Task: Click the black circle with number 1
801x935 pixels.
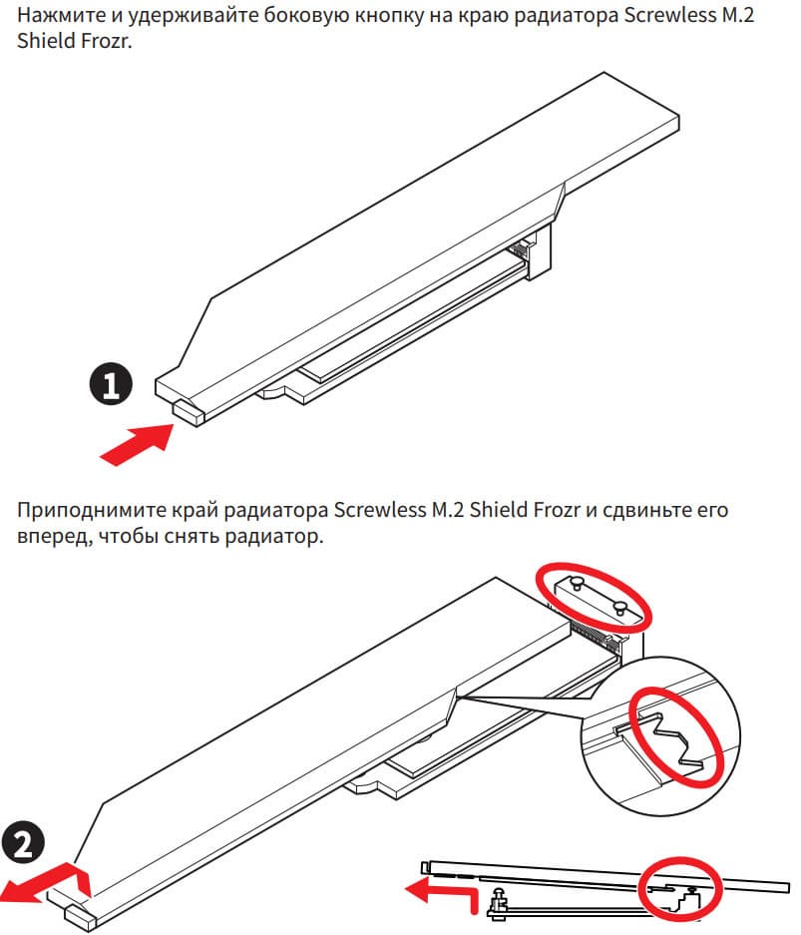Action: [111, 383]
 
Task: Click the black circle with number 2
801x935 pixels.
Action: [23, 844]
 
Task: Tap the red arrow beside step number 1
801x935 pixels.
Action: [138, 443]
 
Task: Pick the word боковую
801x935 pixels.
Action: [310, 16]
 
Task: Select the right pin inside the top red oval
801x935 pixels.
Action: [619, 609]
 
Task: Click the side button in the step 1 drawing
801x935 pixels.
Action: [189, 411]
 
